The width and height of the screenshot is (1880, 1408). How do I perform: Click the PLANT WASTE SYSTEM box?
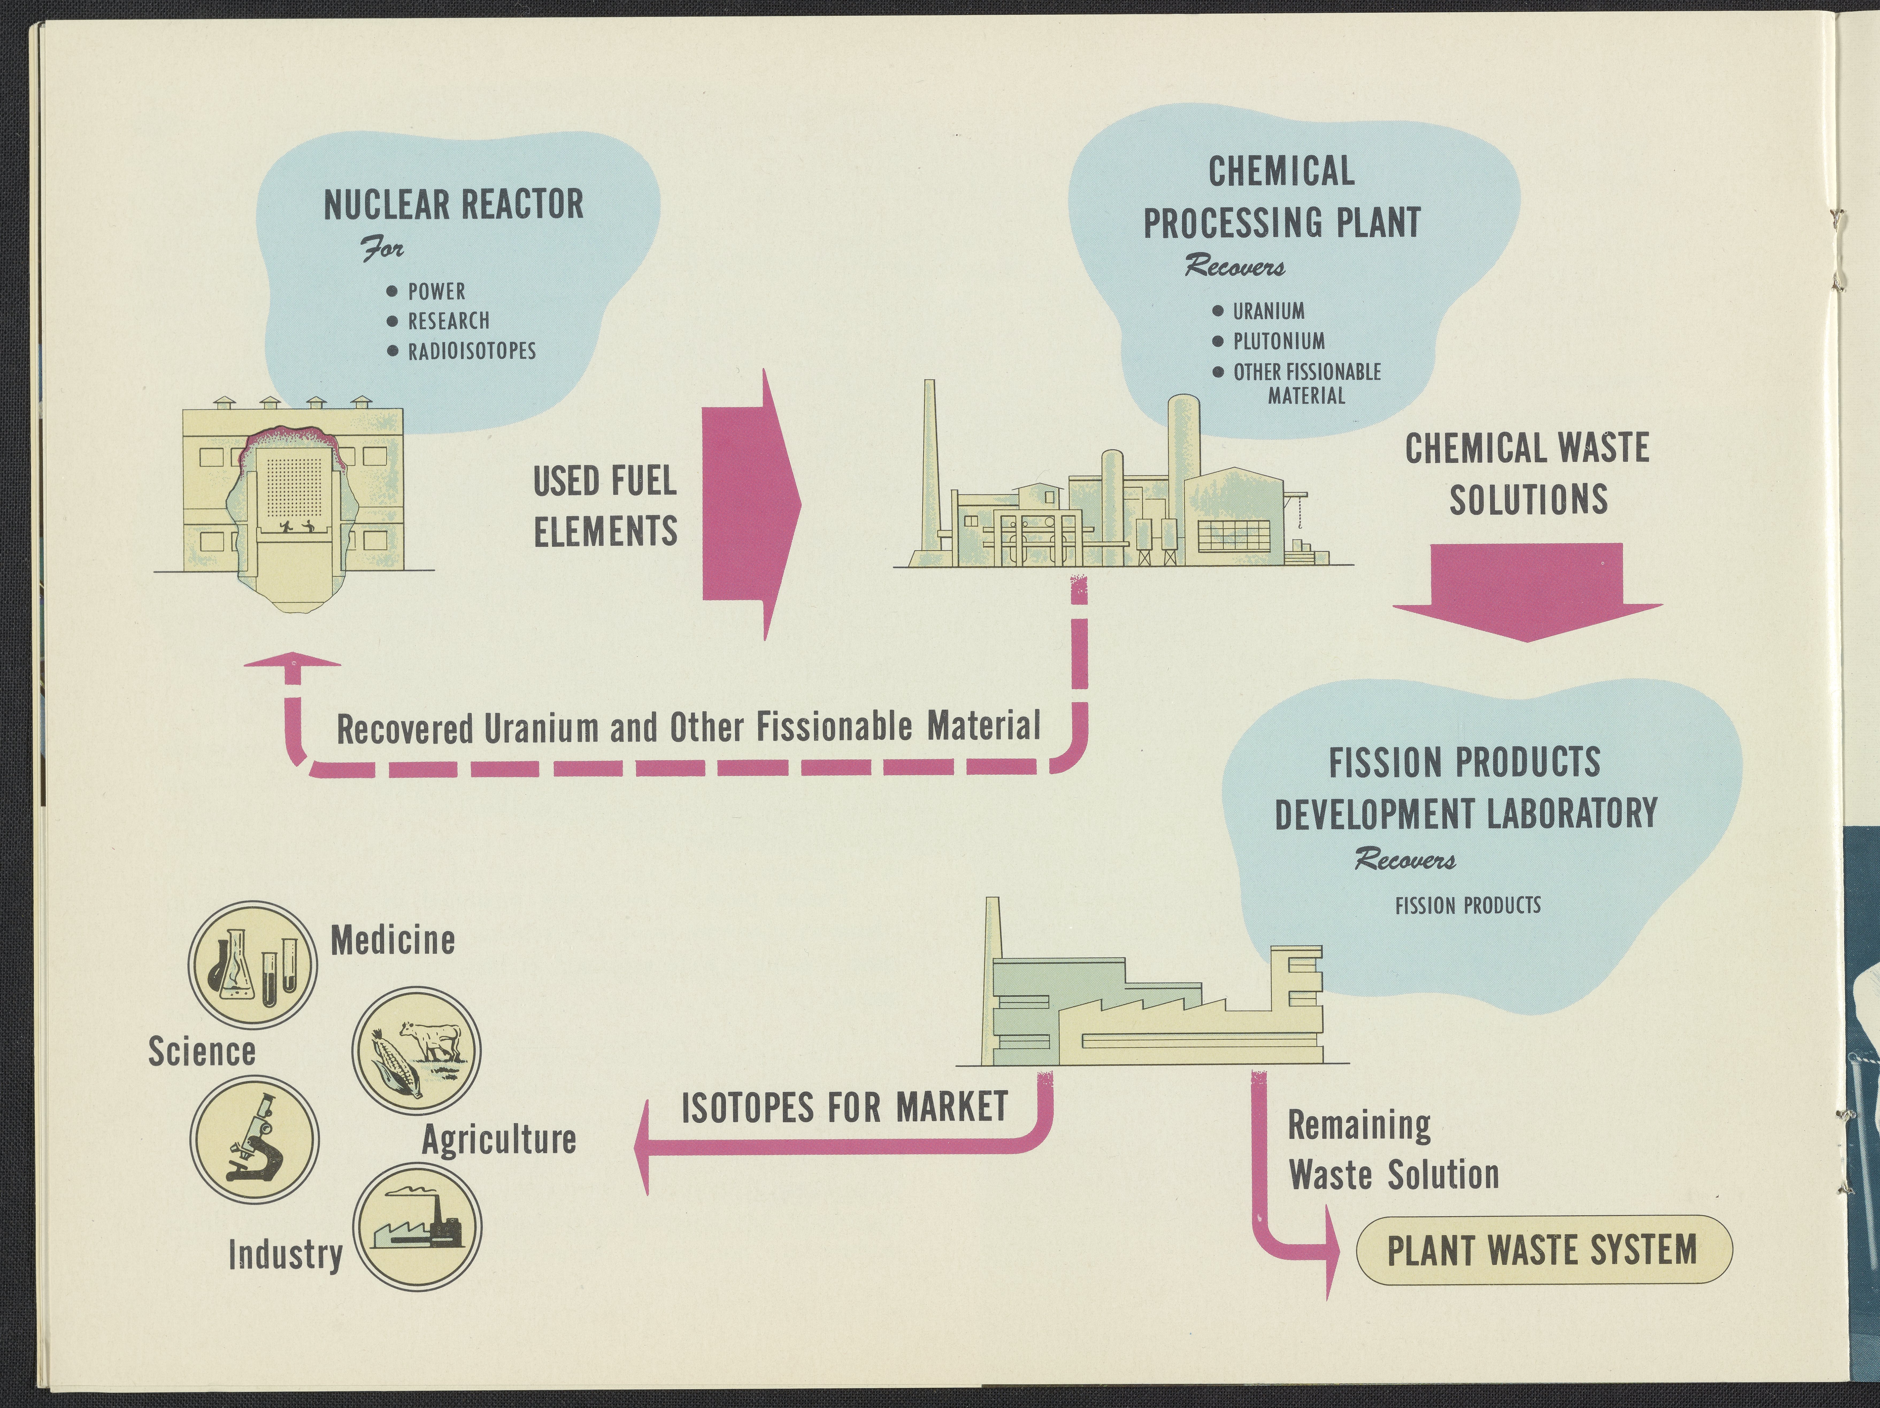point(1543,1250)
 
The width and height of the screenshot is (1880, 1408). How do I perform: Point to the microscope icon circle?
point(254,1140)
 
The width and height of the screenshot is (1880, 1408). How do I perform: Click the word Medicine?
point(393,941)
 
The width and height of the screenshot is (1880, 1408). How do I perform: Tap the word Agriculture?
point(499,1140)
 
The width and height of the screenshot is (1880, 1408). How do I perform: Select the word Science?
point(202,1051)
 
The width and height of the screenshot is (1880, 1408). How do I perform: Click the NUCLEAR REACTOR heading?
point(454,205)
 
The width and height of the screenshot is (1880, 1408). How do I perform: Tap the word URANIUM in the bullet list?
point(1268,311)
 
